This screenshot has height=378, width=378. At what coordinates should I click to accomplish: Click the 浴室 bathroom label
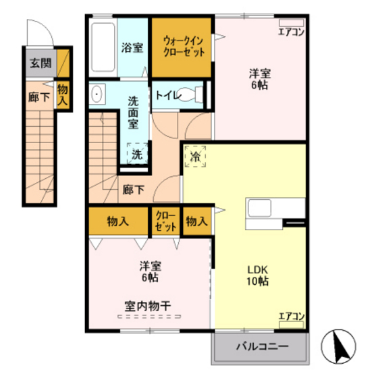tap(132, 48)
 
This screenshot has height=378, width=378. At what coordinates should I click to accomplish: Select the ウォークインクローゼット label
tap(182, 46)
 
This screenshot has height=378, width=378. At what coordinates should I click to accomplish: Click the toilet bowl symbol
tap(200, 94)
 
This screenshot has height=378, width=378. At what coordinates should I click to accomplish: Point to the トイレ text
tap(168, 95)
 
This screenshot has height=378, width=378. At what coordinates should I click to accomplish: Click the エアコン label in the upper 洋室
tap(292, 32)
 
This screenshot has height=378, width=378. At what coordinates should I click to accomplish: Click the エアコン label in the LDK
tap(292, 316)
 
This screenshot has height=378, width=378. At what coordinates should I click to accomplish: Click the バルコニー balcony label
tap(262, 347)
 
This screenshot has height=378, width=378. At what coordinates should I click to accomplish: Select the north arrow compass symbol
tap(340, 346)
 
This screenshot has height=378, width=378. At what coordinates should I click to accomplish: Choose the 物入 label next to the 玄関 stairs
tap(63, 94)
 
